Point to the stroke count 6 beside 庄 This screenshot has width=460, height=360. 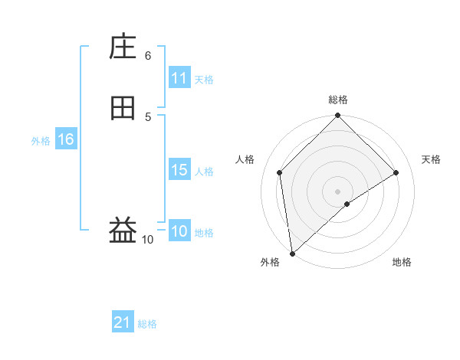click(x=148, y=55)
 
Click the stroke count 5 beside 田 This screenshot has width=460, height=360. click(x=148, y=116)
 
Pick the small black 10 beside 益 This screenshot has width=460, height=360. click(x=148, y=240)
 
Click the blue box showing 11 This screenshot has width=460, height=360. click(x=179, y=78)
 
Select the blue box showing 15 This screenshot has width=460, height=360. click(x=179, y=170)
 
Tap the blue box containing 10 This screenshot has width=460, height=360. click(x=179, y=231)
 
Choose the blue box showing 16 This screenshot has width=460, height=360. click(x=65, y=139)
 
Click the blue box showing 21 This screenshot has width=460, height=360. click(x=123, y=322)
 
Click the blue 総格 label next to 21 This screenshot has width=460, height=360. click(x=147, y=324)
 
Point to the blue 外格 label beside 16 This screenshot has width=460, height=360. click(x=41, y=141)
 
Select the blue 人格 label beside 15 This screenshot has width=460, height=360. click(x=204, y=172)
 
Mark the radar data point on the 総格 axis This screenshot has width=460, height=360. click(x=337, y=116)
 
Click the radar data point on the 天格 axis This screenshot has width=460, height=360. click(x=396, y=172)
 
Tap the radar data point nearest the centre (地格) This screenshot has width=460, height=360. click(x=347, y=204)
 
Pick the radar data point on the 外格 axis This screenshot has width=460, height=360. click(x=291, y=254)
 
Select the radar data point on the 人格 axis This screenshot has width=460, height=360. click(x=280, y=172)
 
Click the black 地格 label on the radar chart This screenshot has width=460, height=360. click(x=402, y=263)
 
